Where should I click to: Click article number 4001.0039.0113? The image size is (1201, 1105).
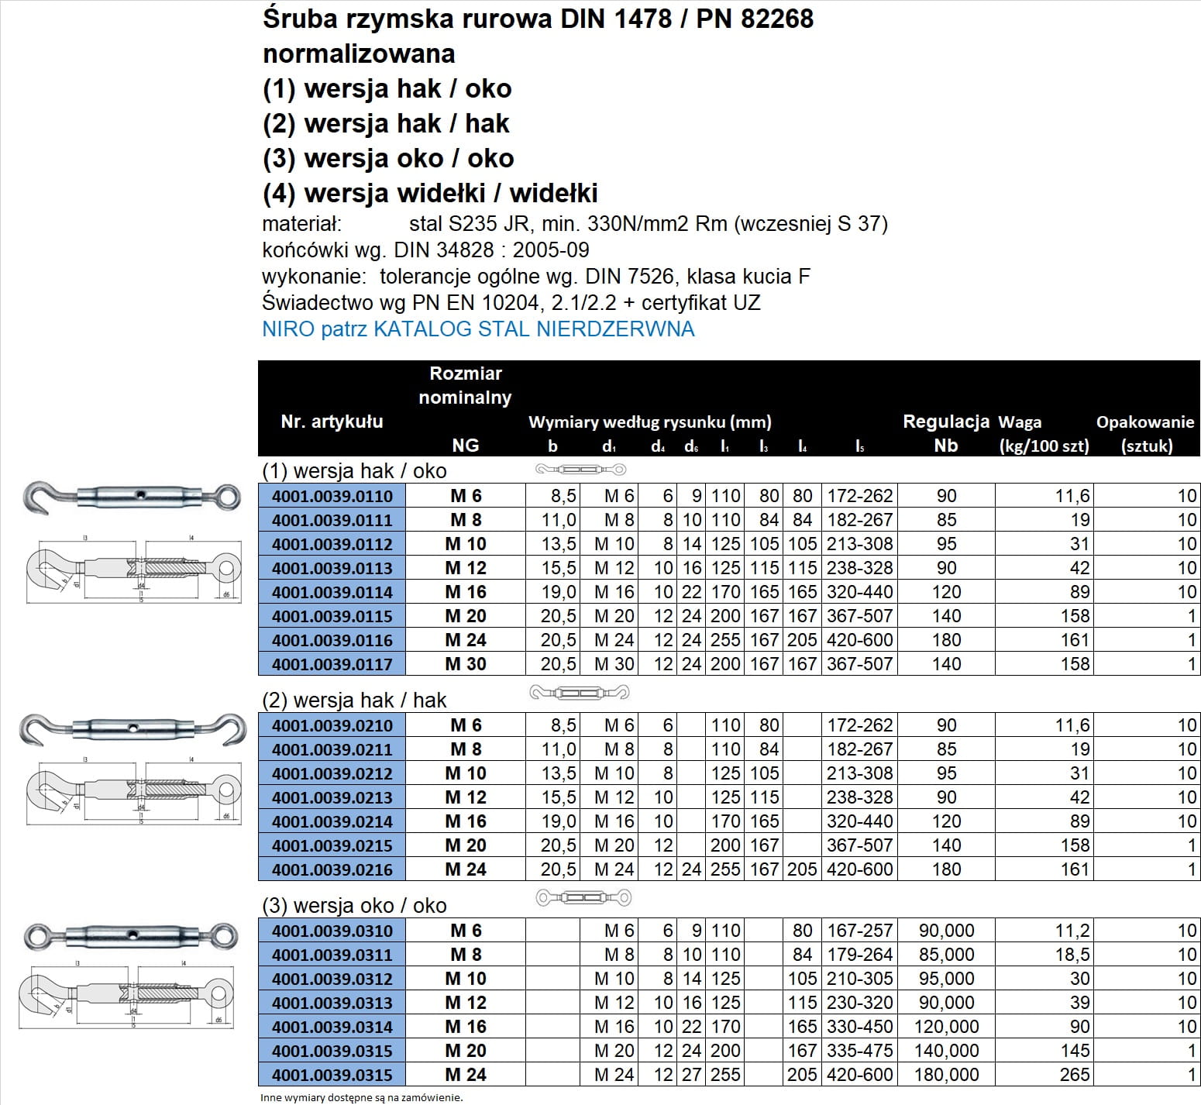click(332, 568)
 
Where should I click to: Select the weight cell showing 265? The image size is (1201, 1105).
click(1074, 1075)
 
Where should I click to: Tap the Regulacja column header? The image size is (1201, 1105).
click(945, 422)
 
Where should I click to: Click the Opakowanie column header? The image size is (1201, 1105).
click(1145, 423)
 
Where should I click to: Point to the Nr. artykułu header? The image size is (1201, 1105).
click(332, 422)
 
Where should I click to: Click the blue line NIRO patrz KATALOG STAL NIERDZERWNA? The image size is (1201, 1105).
click(478, 329)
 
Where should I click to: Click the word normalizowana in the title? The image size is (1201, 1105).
click(359, 54)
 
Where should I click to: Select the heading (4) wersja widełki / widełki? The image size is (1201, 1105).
click(430, 193)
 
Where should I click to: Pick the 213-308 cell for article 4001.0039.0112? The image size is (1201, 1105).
click(859, 544)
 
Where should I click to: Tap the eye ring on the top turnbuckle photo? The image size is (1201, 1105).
click(227, 496)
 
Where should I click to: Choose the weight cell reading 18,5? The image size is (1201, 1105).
click(1072, 955)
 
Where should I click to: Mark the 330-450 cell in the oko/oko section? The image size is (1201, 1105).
click(859, 1027)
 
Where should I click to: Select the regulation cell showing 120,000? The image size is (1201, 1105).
click(946, 1027)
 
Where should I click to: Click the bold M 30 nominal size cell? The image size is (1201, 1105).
click(465, 664)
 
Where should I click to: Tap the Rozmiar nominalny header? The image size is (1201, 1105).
click(465, 385)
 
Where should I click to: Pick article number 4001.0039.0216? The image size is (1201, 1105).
click(332, 869)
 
